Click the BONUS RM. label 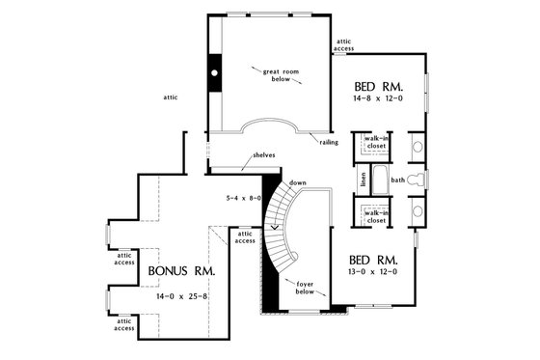[x=181, y=272]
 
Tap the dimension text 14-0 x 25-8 [x=182, y=297]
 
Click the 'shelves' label [x=264, y=154]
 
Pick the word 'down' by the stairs [x=298, y=182]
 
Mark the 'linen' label [x=364, y=180]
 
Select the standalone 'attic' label [x=170, y=97]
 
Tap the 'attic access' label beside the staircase [x=246, y=236]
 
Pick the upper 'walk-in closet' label [x=376, y=143]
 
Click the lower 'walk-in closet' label [x=376, y=216]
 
